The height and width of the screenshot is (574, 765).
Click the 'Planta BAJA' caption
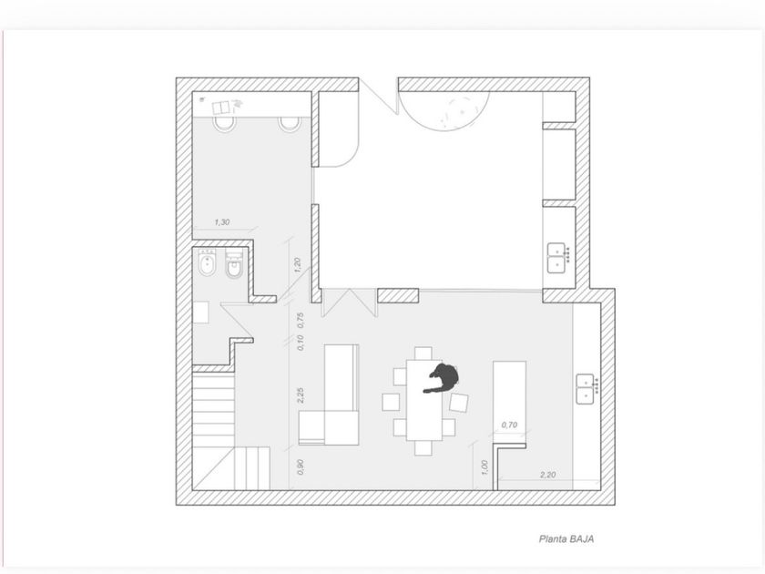click(x=566, y=538)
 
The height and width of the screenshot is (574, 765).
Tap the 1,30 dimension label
click(x=222, y=222)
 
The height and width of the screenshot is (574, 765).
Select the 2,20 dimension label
click(x=548, y=475)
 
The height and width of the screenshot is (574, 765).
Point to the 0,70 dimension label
click(x=509, y=425)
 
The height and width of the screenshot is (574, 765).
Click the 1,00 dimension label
click(x=484, y=467)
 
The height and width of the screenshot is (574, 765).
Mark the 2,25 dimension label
click(x=301, y=395)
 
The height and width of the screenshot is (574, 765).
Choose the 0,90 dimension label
click(x=301, y=466)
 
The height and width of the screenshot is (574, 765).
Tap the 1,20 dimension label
click(x=297, y=265)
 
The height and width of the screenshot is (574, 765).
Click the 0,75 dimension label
click(x=301, y=320)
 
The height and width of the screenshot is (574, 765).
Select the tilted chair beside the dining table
click(x=459, y=403)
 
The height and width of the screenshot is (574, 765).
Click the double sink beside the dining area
click(x=586, y=389)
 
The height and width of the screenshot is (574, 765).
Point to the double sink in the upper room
click(x=557, y=258)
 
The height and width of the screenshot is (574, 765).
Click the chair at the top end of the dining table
click(x=423, y=353)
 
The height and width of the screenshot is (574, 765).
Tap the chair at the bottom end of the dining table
click(x=423, y=447)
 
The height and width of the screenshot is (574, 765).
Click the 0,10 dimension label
click(x=301, y=343)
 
